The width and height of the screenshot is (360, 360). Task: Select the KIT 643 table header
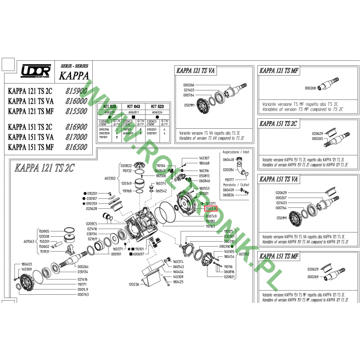click(134, 106)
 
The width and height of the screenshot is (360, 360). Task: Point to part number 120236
click(133, 285)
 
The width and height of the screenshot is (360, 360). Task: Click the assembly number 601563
click(29, 241)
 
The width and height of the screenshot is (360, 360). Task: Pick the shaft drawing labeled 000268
click(335, 86)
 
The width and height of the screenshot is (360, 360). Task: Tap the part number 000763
click(83, 295)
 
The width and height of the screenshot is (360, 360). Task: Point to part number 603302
click(110, 178)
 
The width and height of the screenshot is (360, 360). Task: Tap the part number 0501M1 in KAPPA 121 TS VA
click(189, 105)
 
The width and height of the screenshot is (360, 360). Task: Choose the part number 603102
click(244, 254)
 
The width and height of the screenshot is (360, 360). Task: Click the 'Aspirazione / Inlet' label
click(235, 153)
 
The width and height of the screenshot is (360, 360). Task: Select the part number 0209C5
click(91, 224)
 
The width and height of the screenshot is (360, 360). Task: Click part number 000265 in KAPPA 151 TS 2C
click(318, 139)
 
